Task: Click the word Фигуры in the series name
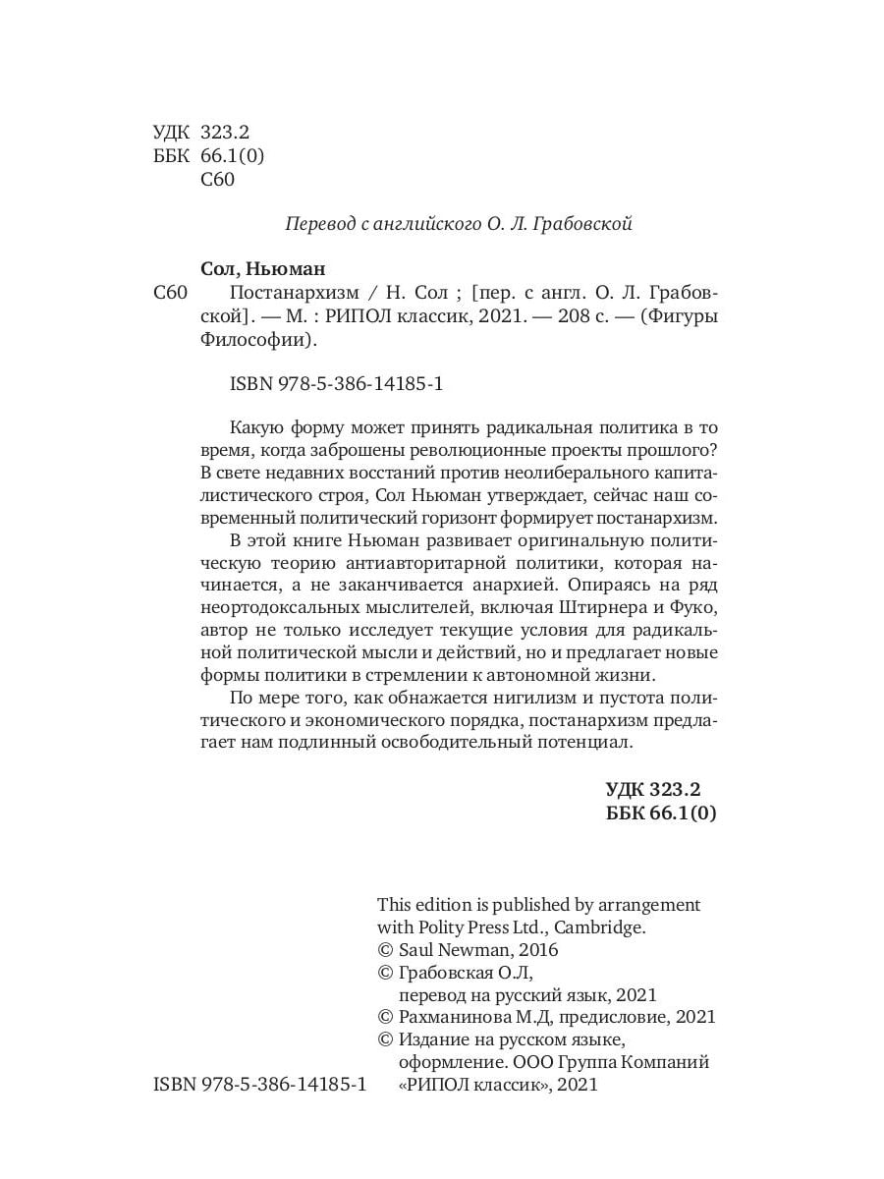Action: point(687,317)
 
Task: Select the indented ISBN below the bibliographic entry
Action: point(336,385)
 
